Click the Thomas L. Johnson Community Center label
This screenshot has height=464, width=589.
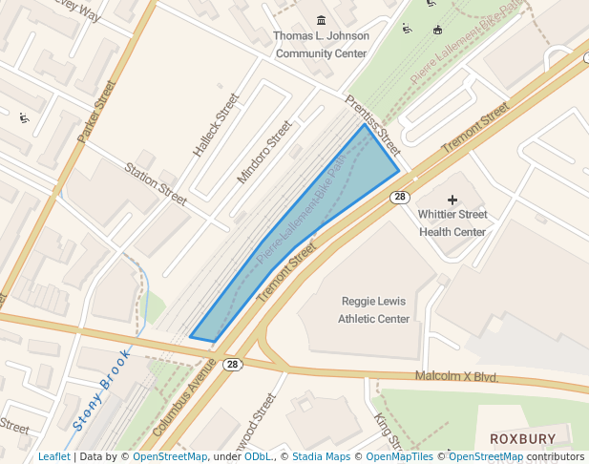pos(321,45)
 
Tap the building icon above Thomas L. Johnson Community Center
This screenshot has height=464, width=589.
pos(321,20)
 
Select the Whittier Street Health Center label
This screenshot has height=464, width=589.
pos(452,222)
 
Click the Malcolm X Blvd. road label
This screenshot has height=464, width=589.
pos(456,377)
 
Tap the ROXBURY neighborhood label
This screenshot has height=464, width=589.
pos(522,438)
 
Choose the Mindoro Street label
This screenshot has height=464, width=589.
pos(264,152)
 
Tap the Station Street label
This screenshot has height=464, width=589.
pos(156,183)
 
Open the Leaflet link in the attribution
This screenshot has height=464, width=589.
pos(53,456)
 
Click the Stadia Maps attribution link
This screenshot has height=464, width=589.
pos(321,456)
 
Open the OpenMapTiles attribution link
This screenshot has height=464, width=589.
pos(400,456)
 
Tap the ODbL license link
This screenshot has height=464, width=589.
pos(258,456)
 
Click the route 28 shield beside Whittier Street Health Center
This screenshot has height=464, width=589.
pos(400,197)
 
